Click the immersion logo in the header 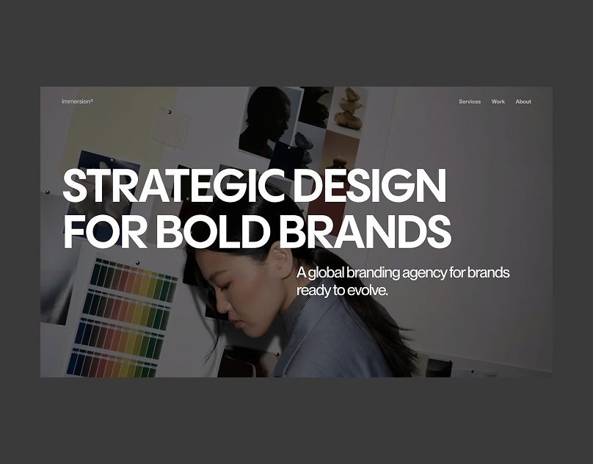(x=77, y=101)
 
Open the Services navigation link (x=470, y=101)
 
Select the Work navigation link (x=498, y=101)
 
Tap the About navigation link (x=523, y=101)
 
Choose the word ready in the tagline (x=313, y=291)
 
